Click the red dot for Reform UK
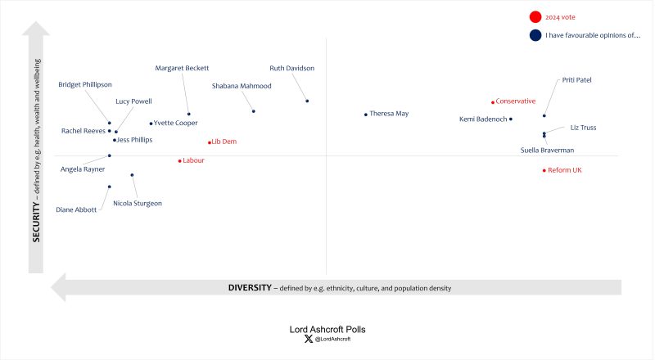coord(544,170)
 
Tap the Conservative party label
coord(516,101)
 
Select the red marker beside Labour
coord(180,160)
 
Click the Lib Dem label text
coord(224,142)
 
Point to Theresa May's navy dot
coord(366,115)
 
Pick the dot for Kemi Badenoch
coord(511,119)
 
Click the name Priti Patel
coord(576,80)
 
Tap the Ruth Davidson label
coord(291,68)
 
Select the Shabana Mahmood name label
coord(242,85)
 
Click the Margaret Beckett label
coord(182,68)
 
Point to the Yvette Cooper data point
coord(151,124)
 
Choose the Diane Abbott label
coord(76,209)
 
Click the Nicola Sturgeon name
coord(138,203)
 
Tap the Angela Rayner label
coord(83,169)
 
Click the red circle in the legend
coord(535,16)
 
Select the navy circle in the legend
coord(535,35)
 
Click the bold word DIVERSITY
coord(249,288)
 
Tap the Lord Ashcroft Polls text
coord(327,330)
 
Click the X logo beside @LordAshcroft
coord(308,339)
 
